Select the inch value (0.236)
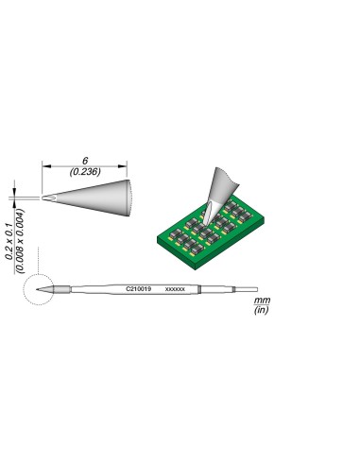(x=88, y=171)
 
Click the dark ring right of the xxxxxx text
(x=199, y=287)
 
